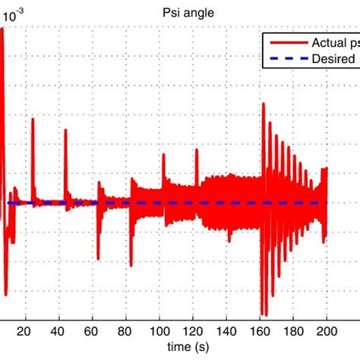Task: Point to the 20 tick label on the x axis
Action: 25,330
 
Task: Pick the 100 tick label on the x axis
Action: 159,330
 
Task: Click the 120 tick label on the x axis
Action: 193,330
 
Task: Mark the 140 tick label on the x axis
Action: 226,330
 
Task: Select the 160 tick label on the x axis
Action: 260,330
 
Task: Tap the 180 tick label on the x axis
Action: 293,330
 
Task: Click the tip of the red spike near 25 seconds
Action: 33,119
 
